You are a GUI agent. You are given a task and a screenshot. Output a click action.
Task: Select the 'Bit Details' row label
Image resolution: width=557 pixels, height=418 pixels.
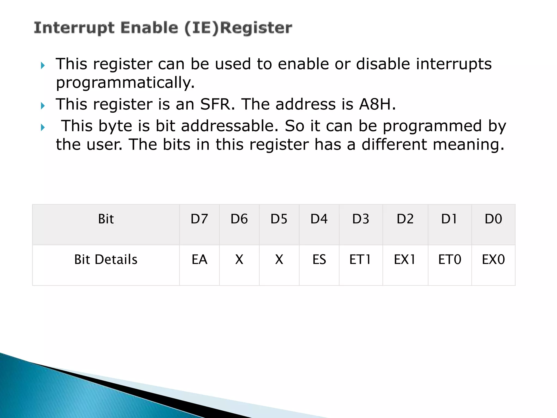point(106,260)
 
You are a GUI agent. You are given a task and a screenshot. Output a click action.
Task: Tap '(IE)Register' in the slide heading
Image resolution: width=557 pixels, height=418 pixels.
point(238,28)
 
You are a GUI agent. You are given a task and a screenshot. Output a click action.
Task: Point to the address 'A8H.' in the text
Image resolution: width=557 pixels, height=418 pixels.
point(377,104)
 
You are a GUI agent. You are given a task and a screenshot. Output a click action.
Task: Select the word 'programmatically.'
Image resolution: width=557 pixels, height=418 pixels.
point(125,83)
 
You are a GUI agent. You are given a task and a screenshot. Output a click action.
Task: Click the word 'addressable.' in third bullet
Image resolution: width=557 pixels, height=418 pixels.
point(230,126)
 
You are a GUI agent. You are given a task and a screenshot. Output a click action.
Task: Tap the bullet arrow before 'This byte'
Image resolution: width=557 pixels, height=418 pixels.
point(43,127)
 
